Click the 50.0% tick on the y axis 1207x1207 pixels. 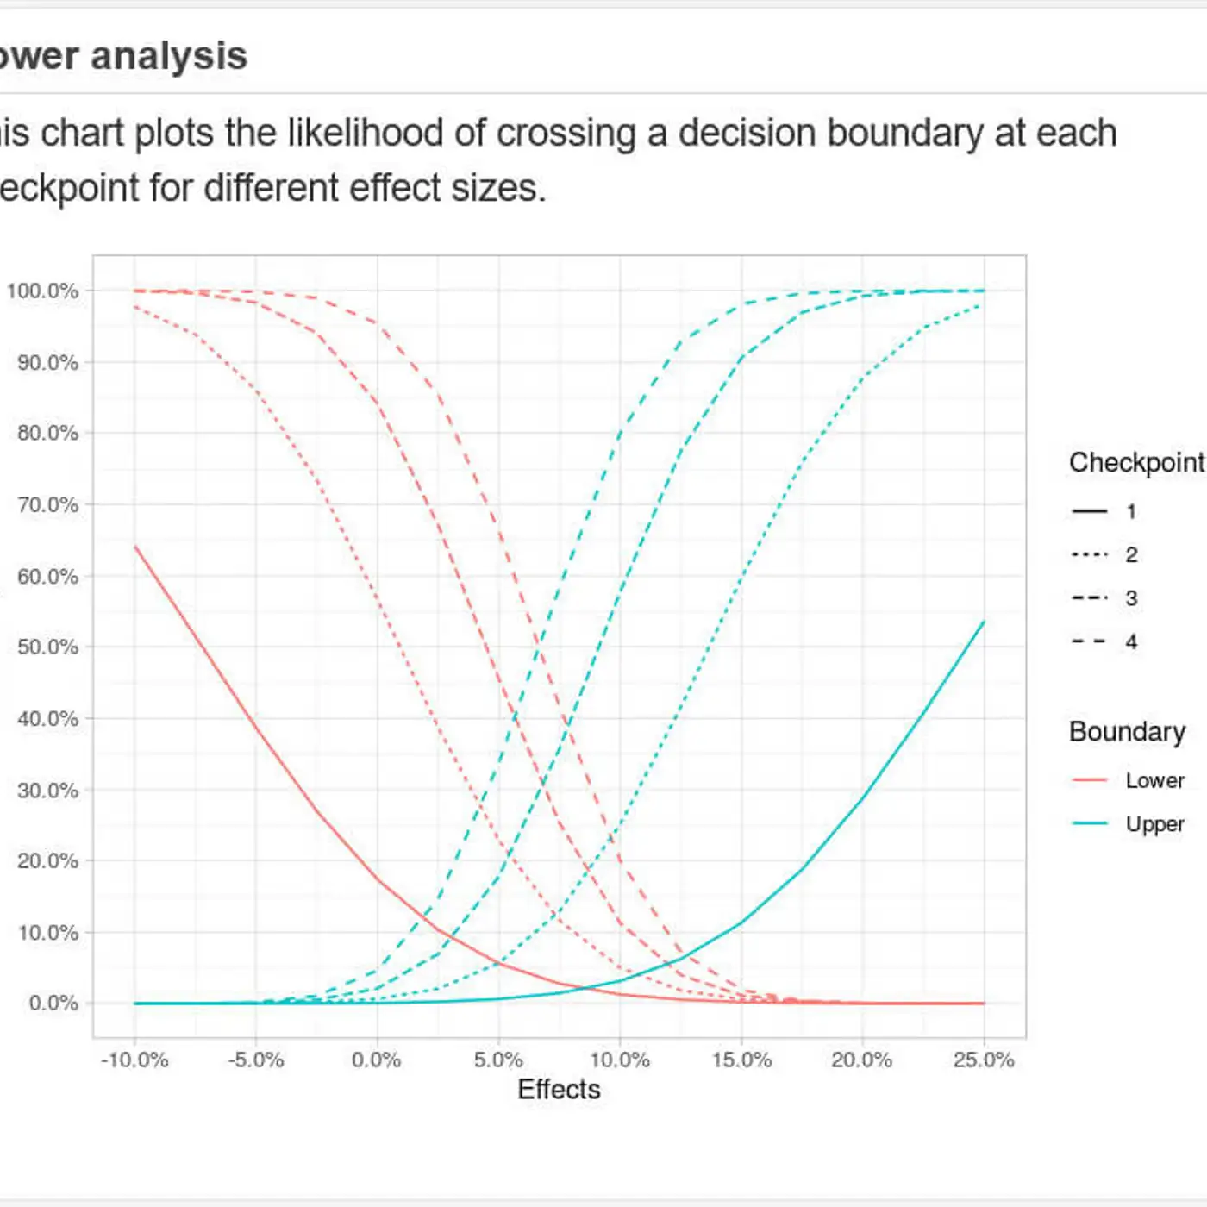[x=47, y=647]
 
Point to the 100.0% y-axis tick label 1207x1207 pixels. [x=42, y=291]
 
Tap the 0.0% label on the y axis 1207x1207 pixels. [x=53, y=1004]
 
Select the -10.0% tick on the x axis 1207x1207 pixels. [x=134, y=1060]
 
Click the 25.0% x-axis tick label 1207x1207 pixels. [x=984, y=1060]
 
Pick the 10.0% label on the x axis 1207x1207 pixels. [x=620, y=1060]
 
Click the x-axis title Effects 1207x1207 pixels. [x=559, y=1090]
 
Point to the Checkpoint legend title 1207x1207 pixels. [x=1136, y=463]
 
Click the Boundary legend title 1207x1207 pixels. [x=1127, y=732]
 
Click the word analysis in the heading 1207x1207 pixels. [x=169, y=57]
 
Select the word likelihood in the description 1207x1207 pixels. [x=365, y=134]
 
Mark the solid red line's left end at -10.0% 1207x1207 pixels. [x=135, y=547]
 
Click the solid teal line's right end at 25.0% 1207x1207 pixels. [x=983, y=622]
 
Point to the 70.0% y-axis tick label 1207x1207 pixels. [x=47, y=504]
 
